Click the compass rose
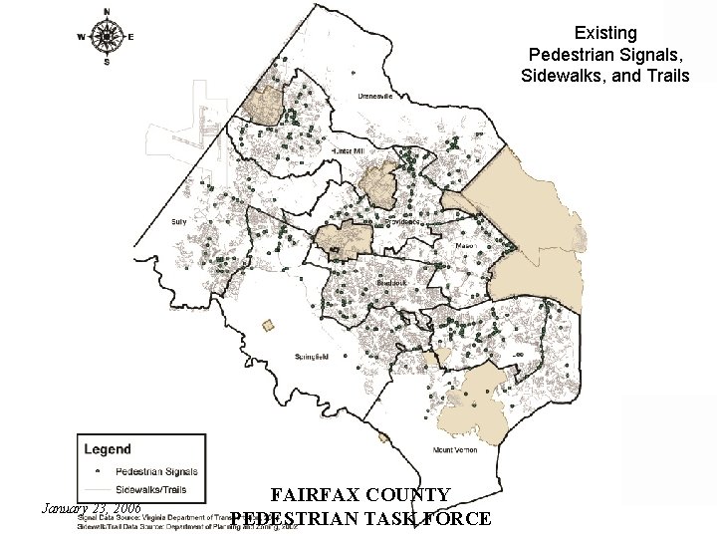[x=107, y=38]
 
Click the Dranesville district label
[x=377, y=98]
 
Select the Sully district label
[x=179, y=221]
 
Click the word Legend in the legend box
[x=107, y=449]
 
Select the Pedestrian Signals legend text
[x=157, y=471]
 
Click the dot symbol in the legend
[x=97, y=471]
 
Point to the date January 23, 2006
[x=85, y=508]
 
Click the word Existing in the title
[x=603, y=34]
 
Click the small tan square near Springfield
[x=268, y=325]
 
